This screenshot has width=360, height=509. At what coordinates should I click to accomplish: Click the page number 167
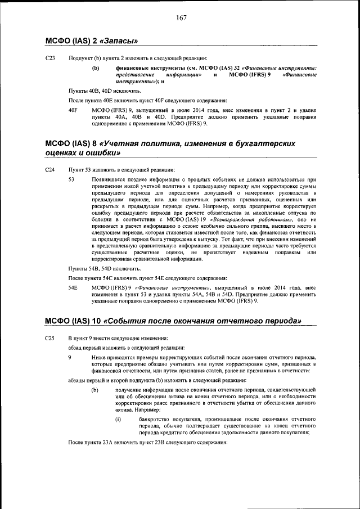181,18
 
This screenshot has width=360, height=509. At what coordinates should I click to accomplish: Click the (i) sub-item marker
118,419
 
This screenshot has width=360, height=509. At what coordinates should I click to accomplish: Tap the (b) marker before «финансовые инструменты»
96,68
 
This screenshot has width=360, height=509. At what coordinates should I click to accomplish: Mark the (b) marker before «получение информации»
96,390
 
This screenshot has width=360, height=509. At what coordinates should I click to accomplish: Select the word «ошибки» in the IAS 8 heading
101,153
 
